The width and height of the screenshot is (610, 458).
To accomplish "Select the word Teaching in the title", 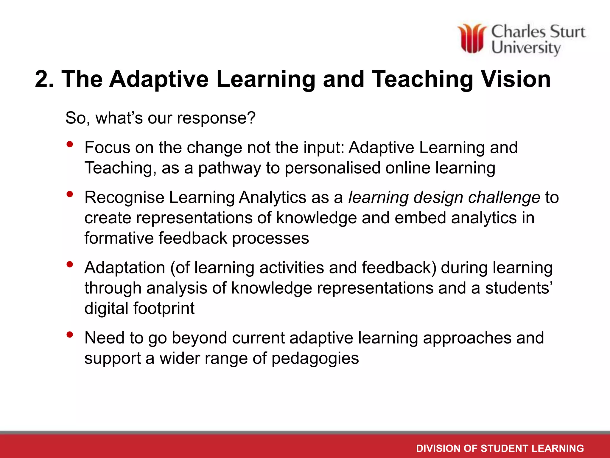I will tap(423, 79).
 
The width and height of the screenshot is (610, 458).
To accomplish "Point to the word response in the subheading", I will tap(216, 118).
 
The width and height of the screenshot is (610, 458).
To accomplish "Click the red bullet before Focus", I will tap(70, 145).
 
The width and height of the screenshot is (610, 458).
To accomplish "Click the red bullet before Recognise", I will tap(70, 194).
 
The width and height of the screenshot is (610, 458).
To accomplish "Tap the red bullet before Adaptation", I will tap(70, 264).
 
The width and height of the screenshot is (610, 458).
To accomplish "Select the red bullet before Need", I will tap(70, 335).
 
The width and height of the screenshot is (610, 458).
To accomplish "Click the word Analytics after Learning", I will tap(273, 197).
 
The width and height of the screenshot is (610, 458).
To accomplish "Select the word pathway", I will tap(229, 168).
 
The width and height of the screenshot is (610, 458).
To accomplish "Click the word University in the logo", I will tap(526, 48).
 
